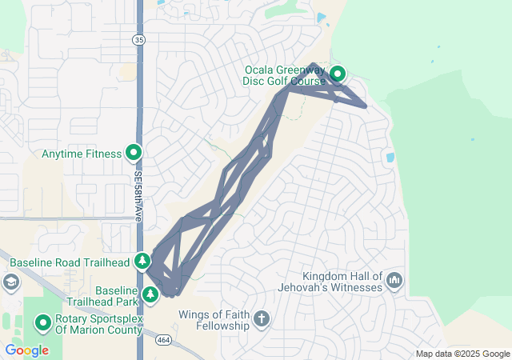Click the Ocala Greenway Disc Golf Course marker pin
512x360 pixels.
click(x=338, y=74)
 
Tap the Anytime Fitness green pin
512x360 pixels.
click(x=133, y=153)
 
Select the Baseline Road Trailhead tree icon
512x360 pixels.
click(x=142, y=261)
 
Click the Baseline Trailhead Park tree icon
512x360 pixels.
click(x=150, y=295)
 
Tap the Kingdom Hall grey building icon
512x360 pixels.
click(x=394, y=281)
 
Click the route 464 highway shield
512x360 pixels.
click(x=163, y=341)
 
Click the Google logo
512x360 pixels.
click(x=26, y=350)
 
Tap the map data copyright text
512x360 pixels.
click(x=462, y=354)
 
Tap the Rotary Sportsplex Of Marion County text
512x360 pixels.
click(x=98, y=323)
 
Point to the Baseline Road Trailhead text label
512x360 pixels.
click(x=70, y=262)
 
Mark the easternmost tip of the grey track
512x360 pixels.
click(x=366, y=106)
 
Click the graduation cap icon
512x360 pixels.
click(x=11, y=282)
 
